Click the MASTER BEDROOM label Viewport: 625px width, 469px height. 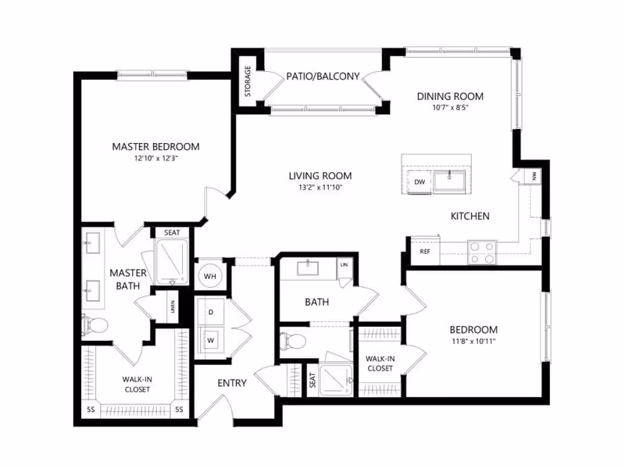(x=155, y=146)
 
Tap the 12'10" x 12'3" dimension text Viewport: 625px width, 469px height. (x=155, y=159)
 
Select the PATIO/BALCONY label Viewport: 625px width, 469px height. (x=323, y=77)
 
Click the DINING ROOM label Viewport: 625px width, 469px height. (x=450, y=96)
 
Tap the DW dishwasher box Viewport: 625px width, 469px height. (x=420, y=182)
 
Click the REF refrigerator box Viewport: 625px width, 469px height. (x=425, y=252)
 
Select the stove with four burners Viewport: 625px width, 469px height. (x=482, y=252)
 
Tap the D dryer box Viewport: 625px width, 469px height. (x=210, y=313)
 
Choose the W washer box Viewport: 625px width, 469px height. (x=210, y=340)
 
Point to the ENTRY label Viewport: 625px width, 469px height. (x=232, y=383)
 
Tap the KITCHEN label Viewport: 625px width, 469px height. (x=470, y=216)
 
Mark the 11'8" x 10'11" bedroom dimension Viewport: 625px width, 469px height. (x=475, y=342)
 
